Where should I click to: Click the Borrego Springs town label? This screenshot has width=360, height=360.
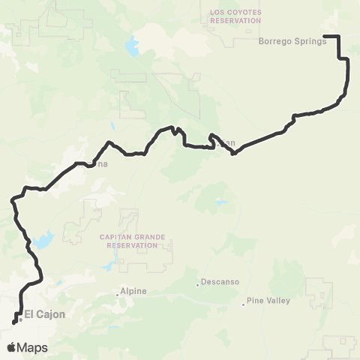coord(292,41)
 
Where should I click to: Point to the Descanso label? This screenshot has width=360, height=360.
coord(220,283)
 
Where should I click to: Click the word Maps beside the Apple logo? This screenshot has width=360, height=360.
coord(33,347)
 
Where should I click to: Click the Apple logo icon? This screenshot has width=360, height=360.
coord(12,347)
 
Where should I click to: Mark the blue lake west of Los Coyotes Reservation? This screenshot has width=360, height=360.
coord(134,46)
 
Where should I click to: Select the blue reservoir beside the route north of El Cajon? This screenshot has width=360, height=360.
coord(42,241)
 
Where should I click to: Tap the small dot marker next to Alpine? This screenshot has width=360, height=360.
coord(118,293)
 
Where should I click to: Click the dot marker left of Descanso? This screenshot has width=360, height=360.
coord(198,283)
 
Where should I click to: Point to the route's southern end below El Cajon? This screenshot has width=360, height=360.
coord(13,324)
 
